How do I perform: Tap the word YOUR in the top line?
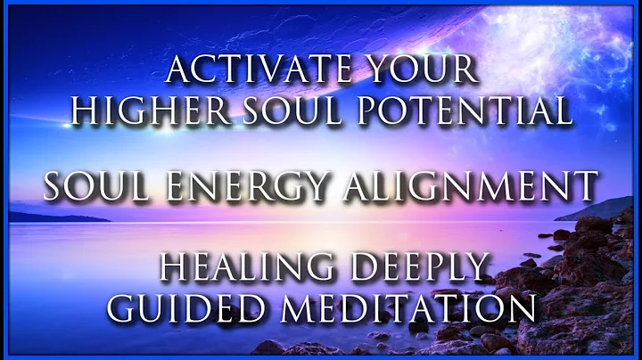(407, 70)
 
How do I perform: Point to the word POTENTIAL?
(473, 110)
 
